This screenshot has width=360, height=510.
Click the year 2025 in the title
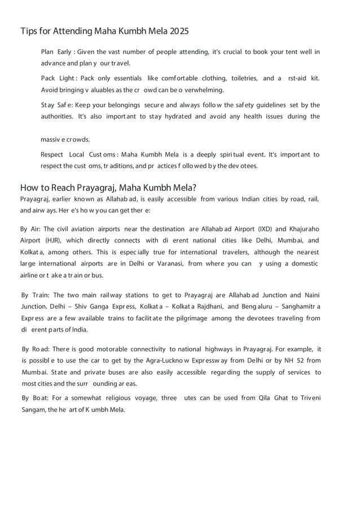tap(178, 30)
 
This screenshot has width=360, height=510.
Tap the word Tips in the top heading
tap(29, 30)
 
